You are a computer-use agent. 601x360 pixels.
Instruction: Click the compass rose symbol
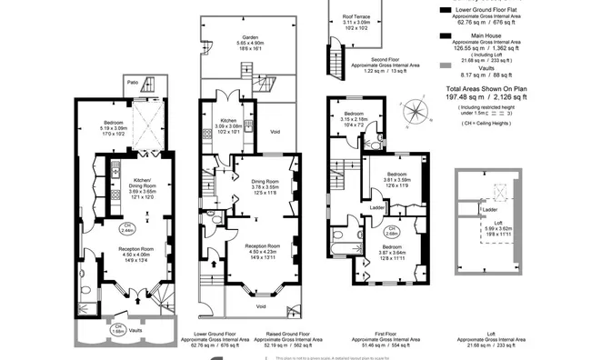416,111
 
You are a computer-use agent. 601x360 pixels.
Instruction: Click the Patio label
133,83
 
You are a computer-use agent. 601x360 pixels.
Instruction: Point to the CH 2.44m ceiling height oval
127,228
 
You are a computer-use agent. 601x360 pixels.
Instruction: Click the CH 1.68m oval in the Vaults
118,328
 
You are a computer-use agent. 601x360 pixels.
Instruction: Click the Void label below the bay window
261,306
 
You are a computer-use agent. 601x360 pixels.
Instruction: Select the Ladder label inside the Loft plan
489,209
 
